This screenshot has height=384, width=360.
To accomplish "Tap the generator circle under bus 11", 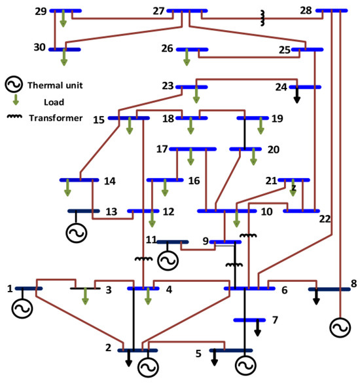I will click(x=168, y=260).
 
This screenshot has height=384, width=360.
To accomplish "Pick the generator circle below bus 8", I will click(x=340, y=327).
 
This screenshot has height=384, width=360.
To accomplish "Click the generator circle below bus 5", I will click(x=244, y=364).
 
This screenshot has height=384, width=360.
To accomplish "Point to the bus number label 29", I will click(x=40, y=11).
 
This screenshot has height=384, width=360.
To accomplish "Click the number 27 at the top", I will click(x=157, y=11).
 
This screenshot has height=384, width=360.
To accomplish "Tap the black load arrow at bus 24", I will click(x=297, y=96).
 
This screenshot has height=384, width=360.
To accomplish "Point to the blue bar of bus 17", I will click(x=192, y=149).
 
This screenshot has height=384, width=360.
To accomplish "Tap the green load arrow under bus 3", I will click(x=84, y=297).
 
